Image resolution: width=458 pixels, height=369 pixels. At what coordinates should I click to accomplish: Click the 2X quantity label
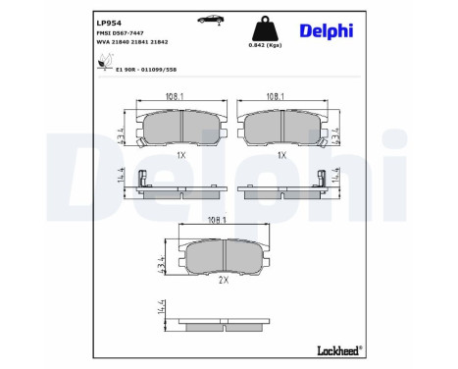point(223,280)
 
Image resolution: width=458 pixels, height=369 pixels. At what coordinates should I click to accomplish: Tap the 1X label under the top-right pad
point(281,155)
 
